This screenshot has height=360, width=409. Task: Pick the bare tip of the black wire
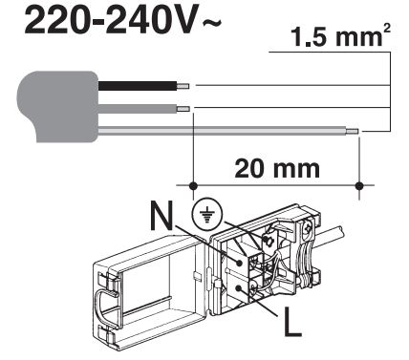tap(183, 86)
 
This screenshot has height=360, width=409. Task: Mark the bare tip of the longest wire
tap(353, 131)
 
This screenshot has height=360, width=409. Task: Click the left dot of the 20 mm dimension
tap(194, 184)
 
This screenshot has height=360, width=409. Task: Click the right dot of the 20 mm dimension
tap(358, 184)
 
